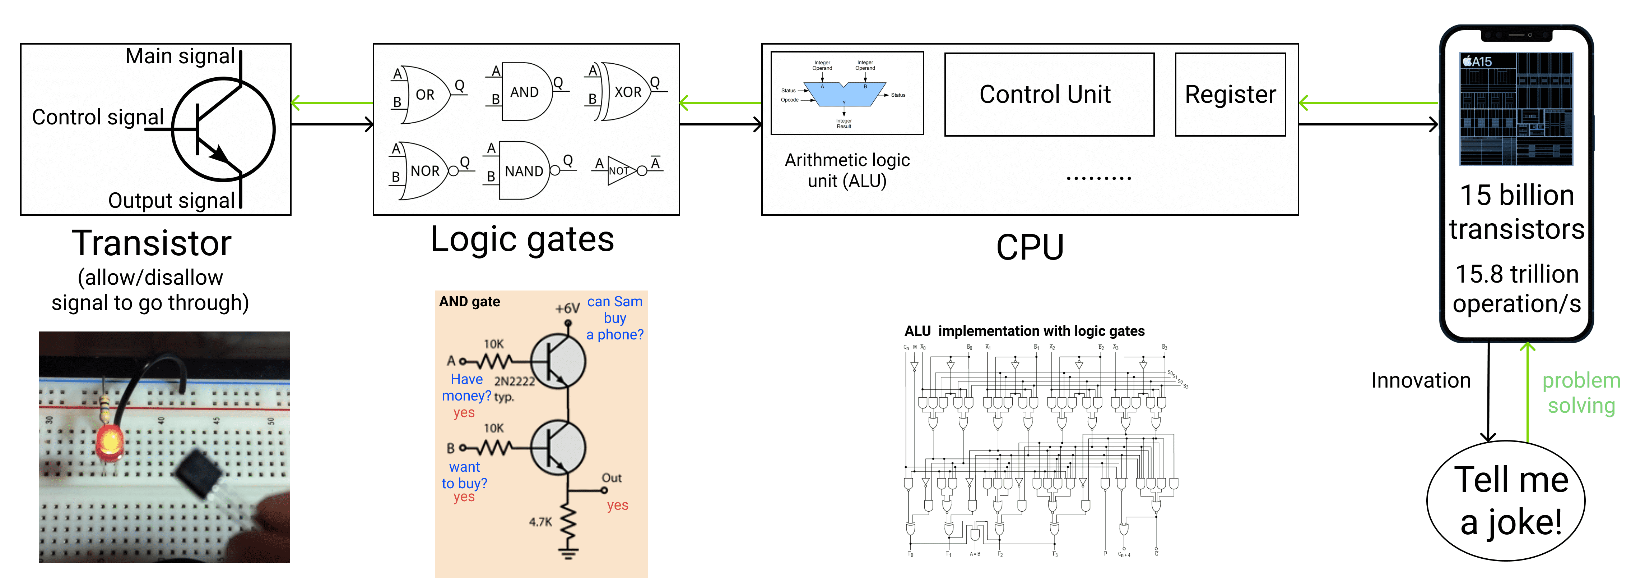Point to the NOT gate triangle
tap(621, 170)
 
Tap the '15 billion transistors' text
tap(1516, 212)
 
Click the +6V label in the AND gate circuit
tap(567, 308)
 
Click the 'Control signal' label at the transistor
tap(98, 117)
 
